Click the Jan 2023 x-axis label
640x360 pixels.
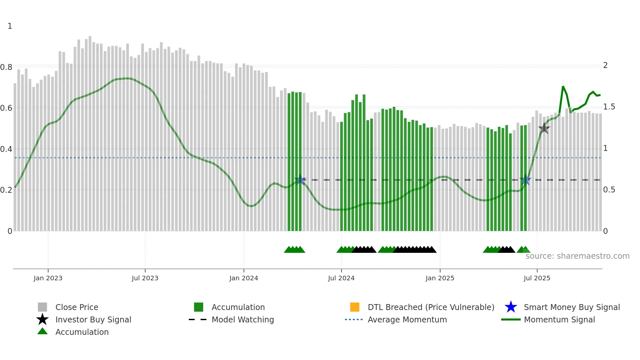click(48, 278)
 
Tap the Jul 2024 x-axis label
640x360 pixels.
click(341, 278)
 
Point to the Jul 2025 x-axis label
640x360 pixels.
click(537, 278)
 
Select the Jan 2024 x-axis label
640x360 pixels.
click(244, 278)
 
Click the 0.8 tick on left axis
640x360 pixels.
click(6, 67)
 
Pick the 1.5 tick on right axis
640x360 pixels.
click(609, 107)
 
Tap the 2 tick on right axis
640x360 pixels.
click(605, 65)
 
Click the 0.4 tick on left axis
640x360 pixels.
click(6, 149)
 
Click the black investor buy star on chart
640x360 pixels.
click(544, 128)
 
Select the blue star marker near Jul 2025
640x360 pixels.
click(525, 180)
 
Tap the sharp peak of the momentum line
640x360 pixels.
click(563, 87)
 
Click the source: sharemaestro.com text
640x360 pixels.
click(577, 256)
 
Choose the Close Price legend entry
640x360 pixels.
click(77, 307)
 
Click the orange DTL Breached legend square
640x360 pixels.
click(355, 307)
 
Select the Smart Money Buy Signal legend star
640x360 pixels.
click(511, 307)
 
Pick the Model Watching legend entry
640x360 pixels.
click(242, 319)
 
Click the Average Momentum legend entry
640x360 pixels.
click(407, 319)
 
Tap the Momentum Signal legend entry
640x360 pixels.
click(559, 319)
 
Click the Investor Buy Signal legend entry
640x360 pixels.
click(93, 319)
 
